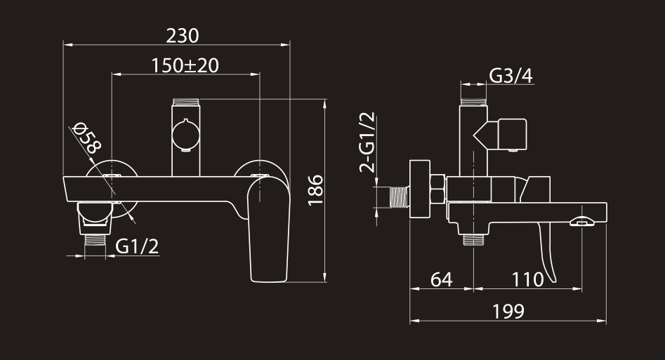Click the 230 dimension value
click(183, 36)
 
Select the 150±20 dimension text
click(185, 66)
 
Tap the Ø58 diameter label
click(87, 138)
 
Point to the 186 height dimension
click(315, 190)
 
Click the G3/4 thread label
click(511, 76)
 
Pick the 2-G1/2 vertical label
click(367, 142)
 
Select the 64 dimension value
click(441, 280)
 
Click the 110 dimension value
click(527, 280)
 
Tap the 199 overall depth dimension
click(508, 312)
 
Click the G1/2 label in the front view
click(137, 246)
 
